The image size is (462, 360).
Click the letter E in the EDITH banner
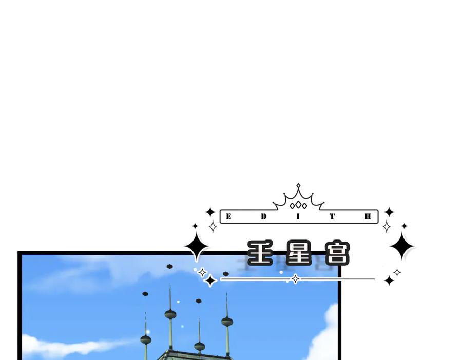click(228, 216)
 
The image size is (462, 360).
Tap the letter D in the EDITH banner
click(264, 216)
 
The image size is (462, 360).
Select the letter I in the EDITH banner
click(298, 216)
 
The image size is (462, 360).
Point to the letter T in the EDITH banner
click(332, 216)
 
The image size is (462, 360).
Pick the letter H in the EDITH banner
click(368, 216)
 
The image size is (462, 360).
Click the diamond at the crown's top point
click(298, 186)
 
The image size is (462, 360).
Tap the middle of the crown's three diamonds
click(298, 205)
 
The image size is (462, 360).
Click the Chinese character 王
click(260, 252)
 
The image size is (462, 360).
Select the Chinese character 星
click(299, 252)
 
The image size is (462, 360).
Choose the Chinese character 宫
click(338, 252)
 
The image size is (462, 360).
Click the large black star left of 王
click(197, 246)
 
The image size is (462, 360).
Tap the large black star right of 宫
click(401, 246)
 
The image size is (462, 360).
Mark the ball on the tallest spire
click(170, 314)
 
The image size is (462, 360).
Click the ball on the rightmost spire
click(227, 322)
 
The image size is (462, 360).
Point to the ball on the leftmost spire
click(146, 340)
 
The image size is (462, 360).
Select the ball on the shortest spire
click(200, 347)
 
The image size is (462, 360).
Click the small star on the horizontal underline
click(295, 279)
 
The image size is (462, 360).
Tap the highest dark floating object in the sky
click(170, 266)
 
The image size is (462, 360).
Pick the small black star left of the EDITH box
click(210, 212)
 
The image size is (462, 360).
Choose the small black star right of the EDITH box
click(389, 212)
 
